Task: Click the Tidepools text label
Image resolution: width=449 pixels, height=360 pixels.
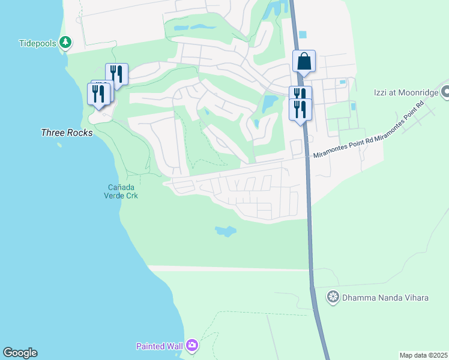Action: pyautogui.click(x=37, y=43)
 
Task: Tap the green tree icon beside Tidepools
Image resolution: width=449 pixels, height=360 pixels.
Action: pyautogui.click(x=65, y=43)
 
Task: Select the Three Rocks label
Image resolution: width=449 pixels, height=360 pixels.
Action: pyautogui.click(x=67, y=133)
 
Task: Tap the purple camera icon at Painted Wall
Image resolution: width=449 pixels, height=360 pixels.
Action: pyautogui.click(x=192, y=345)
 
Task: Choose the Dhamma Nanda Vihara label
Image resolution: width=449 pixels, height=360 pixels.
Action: pyautogui.click(x=385, y=297)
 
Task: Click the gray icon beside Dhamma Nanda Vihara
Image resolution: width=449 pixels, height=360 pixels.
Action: pyautogui.click(x=333, y=297)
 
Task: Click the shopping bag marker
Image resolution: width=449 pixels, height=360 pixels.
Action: pyautogui.click(x=304, y=62)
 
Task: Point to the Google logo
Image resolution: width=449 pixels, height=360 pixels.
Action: pyautogui.click(x=20, y=353)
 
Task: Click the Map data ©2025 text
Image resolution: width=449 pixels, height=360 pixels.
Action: pyautogui.click(x=423, y=355)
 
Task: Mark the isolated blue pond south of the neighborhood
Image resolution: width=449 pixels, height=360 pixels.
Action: pyautogui.click(x=225, y=231)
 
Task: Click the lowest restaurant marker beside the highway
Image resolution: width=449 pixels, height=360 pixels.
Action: pyautogui.click(x=300, y=110)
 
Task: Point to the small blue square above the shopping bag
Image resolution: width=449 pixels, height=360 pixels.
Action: pyautogui.click(x=303, y=34)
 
